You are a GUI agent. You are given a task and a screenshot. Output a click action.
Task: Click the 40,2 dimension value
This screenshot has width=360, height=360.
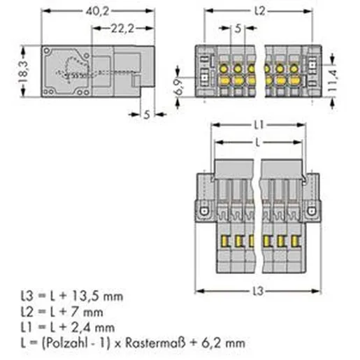click(97, 11)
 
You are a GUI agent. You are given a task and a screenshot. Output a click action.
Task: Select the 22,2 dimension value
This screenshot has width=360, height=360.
click(122, 29)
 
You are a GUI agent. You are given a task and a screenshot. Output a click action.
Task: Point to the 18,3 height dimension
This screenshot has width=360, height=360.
click(23, 71)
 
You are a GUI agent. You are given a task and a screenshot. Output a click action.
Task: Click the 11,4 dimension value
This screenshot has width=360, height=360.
click(332, 80)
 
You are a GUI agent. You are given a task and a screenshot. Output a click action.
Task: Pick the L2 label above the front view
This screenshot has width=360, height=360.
click(259, 10)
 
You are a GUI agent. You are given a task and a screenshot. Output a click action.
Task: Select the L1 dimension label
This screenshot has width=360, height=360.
click(259, 125)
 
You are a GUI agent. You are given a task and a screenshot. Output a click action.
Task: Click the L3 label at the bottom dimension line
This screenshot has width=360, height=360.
click(258, 291)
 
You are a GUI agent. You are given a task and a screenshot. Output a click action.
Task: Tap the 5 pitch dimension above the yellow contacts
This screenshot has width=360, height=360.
click(238, 29)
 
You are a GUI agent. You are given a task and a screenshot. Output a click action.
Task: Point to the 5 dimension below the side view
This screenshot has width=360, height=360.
click(147, 115)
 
